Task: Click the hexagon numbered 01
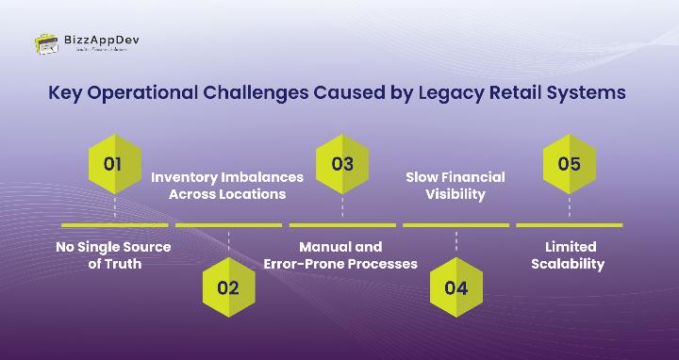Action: [114, 163]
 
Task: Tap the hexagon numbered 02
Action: [228, 287]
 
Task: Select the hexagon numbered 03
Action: [342, 163]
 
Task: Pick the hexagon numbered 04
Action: [455, 287]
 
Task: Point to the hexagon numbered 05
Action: [570, 163]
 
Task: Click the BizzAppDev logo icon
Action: [47, 43]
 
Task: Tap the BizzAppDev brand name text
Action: [101, 41]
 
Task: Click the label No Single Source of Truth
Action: [114, 254]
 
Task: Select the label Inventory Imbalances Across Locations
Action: [227, 185]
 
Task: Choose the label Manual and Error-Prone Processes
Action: [340, 254]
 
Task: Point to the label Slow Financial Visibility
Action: [455, 185]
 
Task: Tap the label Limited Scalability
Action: [570, 254]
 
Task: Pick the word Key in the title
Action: [64, 94]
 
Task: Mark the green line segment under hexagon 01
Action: [114, 225]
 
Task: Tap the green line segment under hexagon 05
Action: [570, 225]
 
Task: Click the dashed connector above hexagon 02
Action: [228, 241]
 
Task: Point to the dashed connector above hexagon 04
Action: [455, 241]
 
